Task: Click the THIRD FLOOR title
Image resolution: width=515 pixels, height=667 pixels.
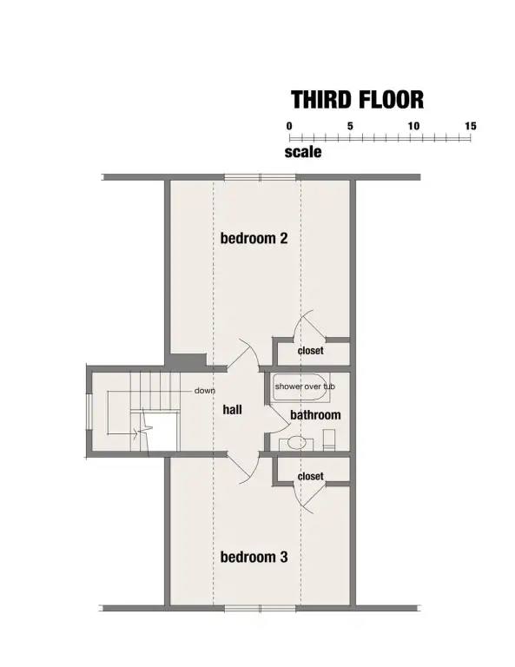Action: [358, 100]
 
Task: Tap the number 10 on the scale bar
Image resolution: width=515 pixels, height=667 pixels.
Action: [413, 126]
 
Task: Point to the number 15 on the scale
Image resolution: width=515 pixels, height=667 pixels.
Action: [471, 126]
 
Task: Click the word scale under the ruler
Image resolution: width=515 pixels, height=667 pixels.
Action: [303, 152]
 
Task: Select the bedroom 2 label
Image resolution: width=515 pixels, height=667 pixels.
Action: [254, 238]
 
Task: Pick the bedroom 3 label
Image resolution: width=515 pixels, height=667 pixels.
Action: [254, 557]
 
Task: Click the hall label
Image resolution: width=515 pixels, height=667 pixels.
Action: [232, 410]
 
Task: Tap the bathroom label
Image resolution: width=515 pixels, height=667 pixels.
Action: [315, 415]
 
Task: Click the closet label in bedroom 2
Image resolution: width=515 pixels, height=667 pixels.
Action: [310, 351]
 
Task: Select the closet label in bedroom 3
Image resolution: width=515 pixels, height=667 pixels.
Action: [310, 476]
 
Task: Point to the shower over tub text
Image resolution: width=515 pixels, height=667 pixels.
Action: [305, 386]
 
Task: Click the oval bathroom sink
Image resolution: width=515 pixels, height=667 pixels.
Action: [296, 442]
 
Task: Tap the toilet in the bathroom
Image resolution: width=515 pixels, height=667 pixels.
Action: [329, 439]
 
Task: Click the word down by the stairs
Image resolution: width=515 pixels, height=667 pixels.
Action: [205, 391]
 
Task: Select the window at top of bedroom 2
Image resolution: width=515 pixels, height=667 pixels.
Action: [261, 177]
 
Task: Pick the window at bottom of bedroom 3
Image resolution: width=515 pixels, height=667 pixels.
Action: [261, 609]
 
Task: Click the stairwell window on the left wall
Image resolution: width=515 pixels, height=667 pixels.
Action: [89, 413]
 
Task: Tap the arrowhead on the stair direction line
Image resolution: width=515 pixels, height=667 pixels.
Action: [135, 434]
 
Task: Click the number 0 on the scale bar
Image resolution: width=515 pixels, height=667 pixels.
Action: [289, 126]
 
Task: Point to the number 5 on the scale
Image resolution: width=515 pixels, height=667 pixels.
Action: [350, 126]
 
